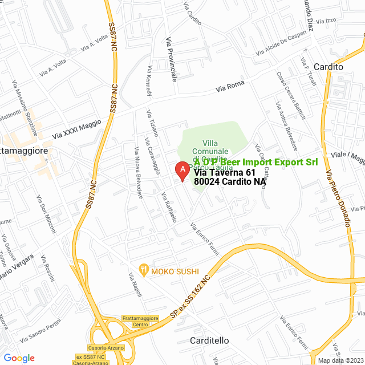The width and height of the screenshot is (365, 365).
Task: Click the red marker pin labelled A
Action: coord(181,171)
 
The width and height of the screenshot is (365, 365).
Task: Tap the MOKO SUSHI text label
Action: coord(175,271)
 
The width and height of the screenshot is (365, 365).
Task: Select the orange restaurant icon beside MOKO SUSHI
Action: coord(145,267)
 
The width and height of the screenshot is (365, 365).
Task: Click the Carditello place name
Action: coord(209,340)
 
